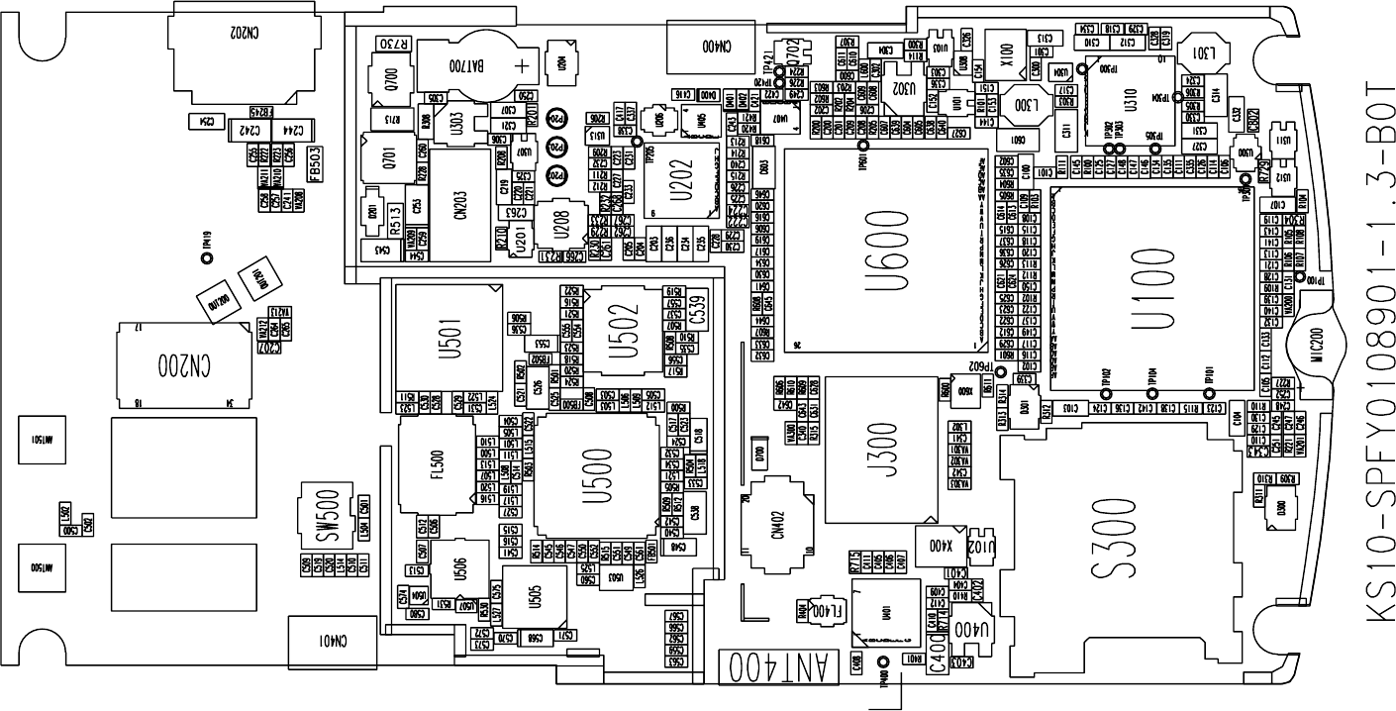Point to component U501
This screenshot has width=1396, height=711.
444,333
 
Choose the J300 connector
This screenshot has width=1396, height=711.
881,450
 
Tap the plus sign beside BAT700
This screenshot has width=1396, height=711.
521,66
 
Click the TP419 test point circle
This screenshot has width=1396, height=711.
207,258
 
